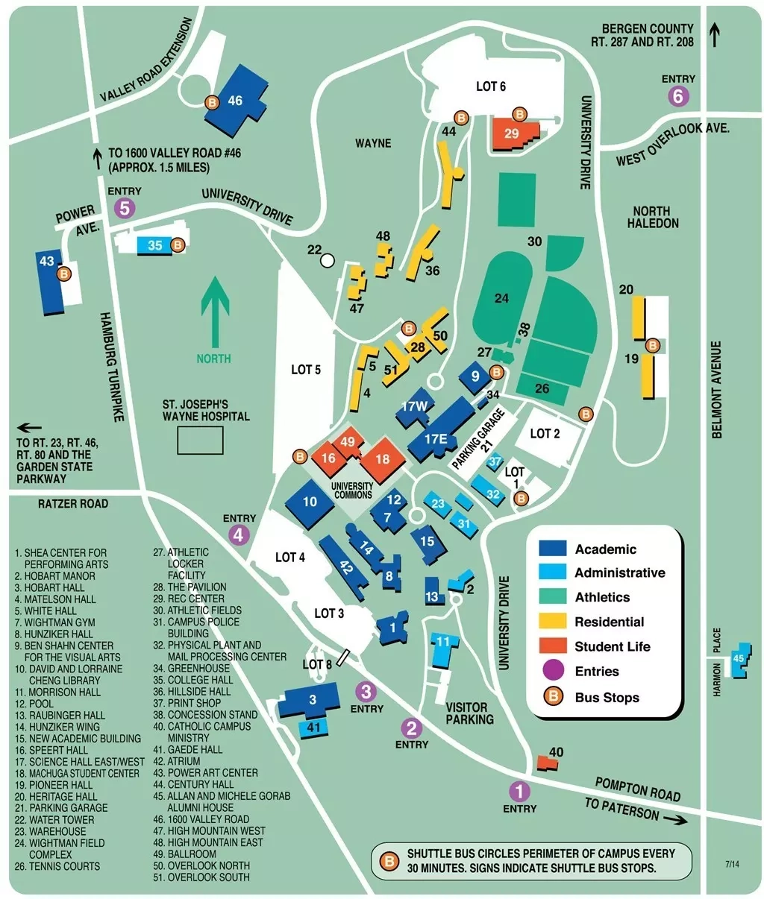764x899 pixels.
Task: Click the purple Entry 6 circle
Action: pyautogui.click(x=678, y=95)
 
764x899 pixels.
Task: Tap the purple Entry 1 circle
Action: pyautogui.click(x=519, y=792)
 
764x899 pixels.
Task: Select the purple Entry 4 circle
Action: pyautogui.click(x=238, y=534)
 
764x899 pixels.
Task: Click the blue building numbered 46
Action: pyautogui.click(x=235, y=99)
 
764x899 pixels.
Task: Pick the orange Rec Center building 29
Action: pyautogui.click(x=513, y=135)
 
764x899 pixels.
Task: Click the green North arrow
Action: pyautogui.click(x=213, y=313)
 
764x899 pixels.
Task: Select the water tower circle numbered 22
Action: pyautogui.click(x=327, y=260)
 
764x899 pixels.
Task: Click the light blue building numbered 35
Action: pyautogui.click(x=154, y=245)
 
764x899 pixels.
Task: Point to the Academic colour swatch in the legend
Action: pyautogui.click(x=552, y=549)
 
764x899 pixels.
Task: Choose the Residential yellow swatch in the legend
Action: pyautogui.click(x=552, y=621)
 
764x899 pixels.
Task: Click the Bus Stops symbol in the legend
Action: pyautogui.click(x=553, y=697)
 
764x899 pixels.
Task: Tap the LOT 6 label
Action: pyautogui.click(x=491, y=86)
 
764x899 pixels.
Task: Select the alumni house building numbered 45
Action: pyautogui.click(x=739, y=659)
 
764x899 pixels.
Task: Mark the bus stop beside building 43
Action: pyautogui.click(x=64, y=274)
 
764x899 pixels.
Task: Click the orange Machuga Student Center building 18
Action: pyautogui.click(x=383, y=460)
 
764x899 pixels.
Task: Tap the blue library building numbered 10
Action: pyautogui.click(x=310, y=502)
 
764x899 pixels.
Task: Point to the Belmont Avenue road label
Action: pyautogui.click(x=716, y=389)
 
